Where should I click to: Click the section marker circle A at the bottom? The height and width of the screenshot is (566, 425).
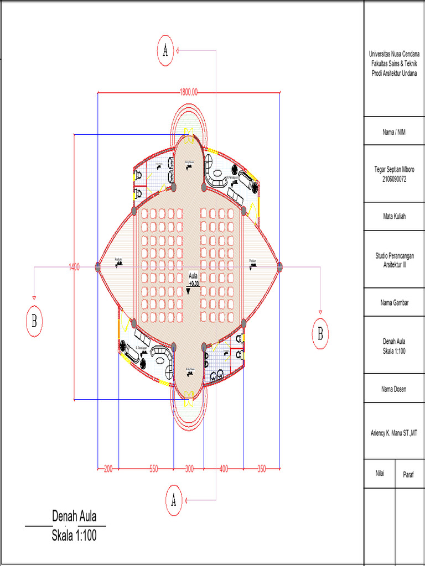coord(174,501)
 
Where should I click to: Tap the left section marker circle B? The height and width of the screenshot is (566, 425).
coord(34,323)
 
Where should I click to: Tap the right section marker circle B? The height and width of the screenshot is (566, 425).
coord(320,333)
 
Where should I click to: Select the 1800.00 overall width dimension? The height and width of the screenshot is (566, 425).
coord(189,92)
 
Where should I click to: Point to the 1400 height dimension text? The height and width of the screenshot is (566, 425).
coord(74,267)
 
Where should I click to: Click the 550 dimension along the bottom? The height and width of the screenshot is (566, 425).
coord(153,469)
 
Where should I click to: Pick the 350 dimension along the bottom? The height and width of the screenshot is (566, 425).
coord(261,469)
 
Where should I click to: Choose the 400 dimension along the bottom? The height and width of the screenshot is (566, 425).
coord(224,469)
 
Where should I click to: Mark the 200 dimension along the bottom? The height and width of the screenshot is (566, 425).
coord(108,469)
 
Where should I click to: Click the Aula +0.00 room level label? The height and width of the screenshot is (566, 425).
coord(193,279)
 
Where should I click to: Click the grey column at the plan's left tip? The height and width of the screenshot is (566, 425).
coord(98,267)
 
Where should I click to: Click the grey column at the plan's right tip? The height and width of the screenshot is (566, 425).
coord(279,267)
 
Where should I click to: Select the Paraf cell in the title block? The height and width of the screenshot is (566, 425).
coord(409,474)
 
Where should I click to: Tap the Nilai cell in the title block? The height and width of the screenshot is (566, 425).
coord(380,474)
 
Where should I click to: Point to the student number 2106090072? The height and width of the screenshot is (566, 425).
coord(394,179)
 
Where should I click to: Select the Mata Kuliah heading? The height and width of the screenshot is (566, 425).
coord(394,217)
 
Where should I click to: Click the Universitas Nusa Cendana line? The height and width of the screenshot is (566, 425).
coord(394,54)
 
